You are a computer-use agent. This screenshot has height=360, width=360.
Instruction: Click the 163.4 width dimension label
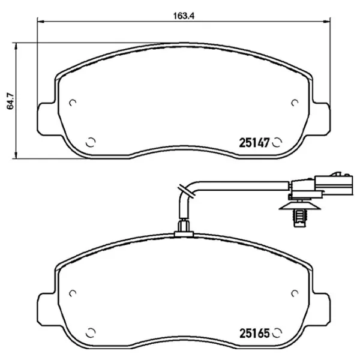(184, 16)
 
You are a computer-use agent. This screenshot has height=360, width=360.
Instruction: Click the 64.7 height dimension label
(10, 101)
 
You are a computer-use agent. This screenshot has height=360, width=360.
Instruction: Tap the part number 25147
(254, 143)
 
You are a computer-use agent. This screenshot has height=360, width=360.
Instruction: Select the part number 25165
(254, 333)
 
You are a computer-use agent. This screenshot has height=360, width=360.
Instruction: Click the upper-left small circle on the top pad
(73, 103)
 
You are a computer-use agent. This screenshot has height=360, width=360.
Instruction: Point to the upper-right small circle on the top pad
(295, 103)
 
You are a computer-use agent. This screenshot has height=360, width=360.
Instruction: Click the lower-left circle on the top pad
(91, 142)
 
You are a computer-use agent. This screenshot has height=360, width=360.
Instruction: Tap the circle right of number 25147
(277, 143)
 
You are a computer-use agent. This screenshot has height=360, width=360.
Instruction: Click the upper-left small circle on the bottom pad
(73, 293)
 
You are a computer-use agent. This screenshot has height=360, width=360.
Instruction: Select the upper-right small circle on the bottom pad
(295, 293)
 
